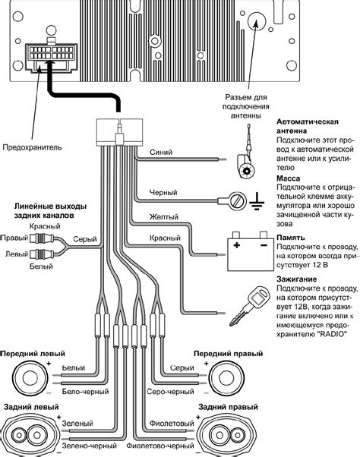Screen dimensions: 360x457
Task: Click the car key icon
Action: tap(249, 305)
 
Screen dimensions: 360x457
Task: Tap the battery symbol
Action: tap(251, 251)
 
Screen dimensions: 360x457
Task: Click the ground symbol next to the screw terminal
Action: tap(257, 201)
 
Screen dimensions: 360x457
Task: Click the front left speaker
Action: tap(30, 378)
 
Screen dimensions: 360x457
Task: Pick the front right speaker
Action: tap(226, 378)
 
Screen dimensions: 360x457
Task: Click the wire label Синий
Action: tap(161, 152)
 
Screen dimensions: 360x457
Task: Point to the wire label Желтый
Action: tap(164, 217)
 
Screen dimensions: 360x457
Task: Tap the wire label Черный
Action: tap(163, 192)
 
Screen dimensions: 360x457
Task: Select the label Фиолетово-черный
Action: tap(160, 446)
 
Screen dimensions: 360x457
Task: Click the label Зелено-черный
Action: tap(89, 446)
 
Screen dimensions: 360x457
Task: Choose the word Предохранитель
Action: tap(33, 147)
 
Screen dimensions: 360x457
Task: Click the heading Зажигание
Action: tap(296, 279)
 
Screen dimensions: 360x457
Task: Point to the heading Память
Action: tap(291, 238)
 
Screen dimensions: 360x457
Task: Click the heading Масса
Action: tap(288, 178)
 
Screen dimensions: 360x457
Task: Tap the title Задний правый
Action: tap(228, 407)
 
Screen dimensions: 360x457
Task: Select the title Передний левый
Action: tap(33, 354)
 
